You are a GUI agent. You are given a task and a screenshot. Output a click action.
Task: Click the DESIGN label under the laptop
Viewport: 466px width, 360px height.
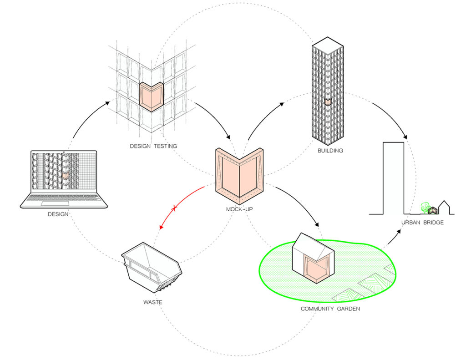[x=58, y=213]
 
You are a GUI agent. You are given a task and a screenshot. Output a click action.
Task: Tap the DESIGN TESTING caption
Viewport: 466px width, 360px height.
[x=153, y=146]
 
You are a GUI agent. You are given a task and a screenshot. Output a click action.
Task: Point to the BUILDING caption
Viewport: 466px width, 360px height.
[x=330, y=151]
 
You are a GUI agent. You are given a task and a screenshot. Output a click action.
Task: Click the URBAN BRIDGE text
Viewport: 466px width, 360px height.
[x=422, y=223]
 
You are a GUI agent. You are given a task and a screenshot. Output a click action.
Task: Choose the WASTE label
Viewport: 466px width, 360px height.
[x=153, y=302]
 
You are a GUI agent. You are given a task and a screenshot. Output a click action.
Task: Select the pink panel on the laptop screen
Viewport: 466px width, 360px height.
[x=65, y=175]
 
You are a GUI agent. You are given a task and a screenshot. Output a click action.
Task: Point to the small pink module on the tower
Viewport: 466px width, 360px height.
[x=327, y=101]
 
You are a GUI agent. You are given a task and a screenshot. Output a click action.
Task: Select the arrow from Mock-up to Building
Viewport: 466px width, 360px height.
[x=264, y=119]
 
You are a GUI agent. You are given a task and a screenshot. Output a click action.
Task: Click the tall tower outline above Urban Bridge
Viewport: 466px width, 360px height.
[x=393, y=177]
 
